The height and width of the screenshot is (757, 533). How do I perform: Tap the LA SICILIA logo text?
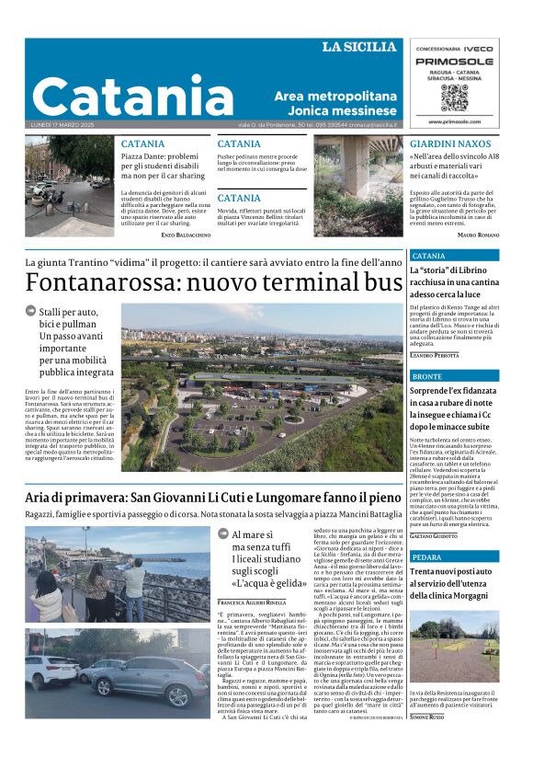coord(358,47)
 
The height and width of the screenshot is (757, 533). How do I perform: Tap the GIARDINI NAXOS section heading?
coord(449,144)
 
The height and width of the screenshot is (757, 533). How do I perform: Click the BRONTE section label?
coord(427,376)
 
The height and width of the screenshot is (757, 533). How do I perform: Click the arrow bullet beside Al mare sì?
coord(223,533)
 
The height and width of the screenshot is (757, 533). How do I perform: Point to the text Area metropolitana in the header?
coord(335,97)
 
